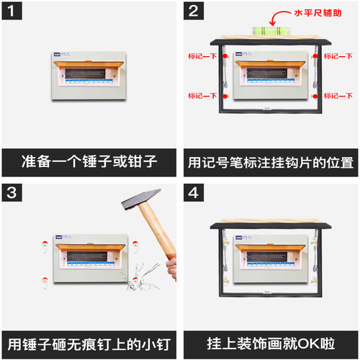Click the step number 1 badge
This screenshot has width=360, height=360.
click(x=14, y=13)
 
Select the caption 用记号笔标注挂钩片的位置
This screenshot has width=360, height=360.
click(x=271, y=160)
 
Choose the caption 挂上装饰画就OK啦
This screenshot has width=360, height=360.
click(x=271, y=341)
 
